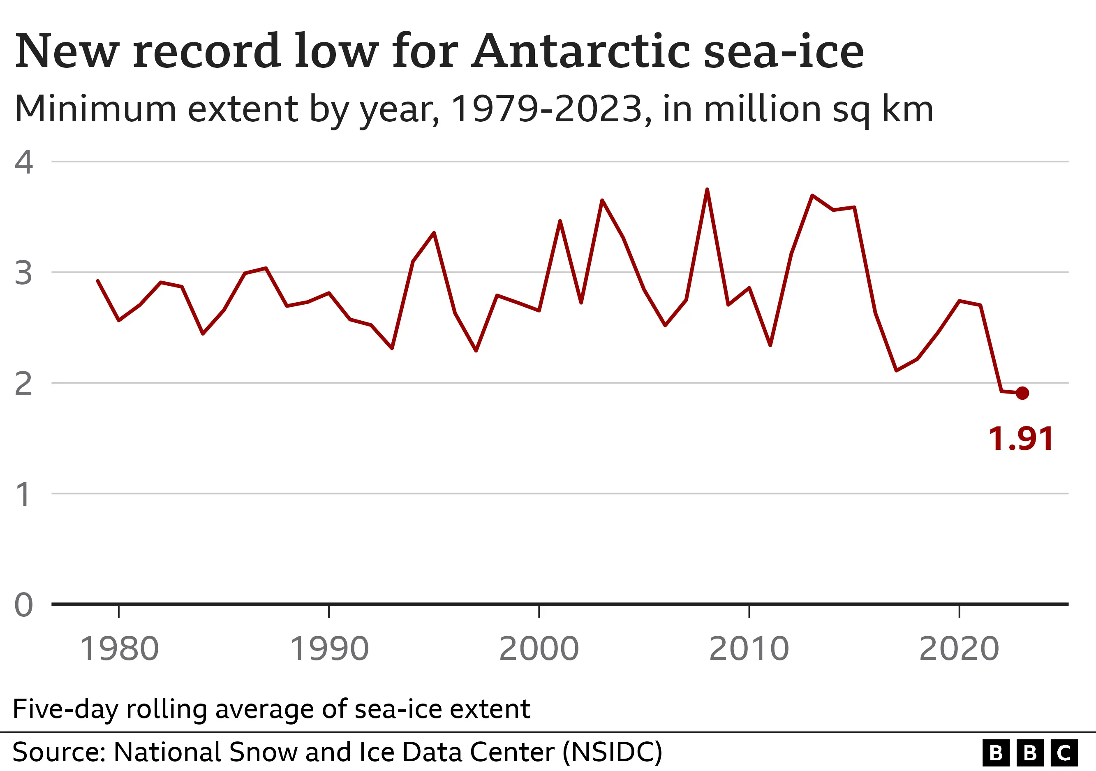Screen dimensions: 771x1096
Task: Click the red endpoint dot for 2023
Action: point(1022,393)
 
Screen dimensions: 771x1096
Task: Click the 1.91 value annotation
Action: point(1021,439)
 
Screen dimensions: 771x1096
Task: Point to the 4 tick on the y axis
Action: point(23,162)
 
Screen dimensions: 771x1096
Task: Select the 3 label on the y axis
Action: point(23,273)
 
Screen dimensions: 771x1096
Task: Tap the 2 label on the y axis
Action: point(23,383)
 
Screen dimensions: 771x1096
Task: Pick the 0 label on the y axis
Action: point(23,605)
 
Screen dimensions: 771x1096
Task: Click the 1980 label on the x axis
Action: point(119,649)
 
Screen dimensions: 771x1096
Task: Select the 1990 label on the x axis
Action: point(329,649)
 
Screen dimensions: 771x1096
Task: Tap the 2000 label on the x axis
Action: point(539,649)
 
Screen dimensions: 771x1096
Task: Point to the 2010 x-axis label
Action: point(749,649)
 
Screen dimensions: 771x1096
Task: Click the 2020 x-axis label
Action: point(959,649)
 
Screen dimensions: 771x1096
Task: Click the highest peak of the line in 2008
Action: point(707,190)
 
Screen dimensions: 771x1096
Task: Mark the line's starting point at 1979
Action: point(98,281)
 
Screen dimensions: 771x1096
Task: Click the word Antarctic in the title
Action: point(581,51)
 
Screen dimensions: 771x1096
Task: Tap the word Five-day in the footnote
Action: point(65,708)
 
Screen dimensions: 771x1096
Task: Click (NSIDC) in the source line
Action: point(613,752)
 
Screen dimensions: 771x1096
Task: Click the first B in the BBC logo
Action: point(996,753)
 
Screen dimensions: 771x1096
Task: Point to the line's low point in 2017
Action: point(896,370)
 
